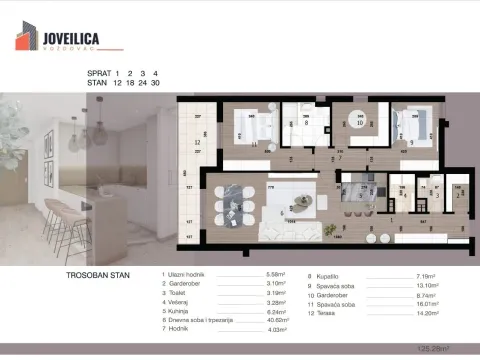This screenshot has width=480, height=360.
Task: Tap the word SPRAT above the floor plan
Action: (97, 73)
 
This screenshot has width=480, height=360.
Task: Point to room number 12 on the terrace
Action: (198, 143)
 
